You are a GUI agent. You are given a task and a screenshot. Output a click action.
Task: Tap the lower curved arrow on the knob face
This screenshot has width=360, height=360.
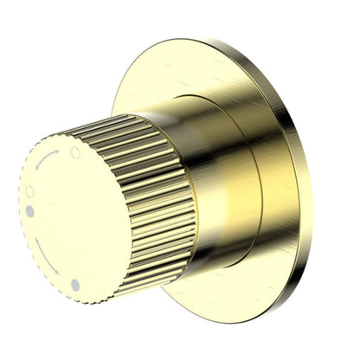[48, 260]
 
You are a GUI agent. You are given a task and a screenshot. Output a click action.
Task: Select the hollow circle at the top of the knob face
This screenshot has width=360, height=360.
[75, 151]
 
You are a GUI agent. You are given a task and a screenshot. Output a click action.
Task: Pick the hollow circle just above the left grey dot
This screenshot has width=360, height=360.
[30, 191]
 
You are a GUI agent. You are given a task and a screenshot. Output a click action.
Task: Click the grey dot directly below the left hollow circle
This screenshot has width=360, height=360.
[30, 210]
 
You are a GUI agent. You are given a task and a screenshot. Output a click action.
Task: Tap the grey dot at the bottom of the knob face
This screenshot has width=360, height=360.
[75, 284]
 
